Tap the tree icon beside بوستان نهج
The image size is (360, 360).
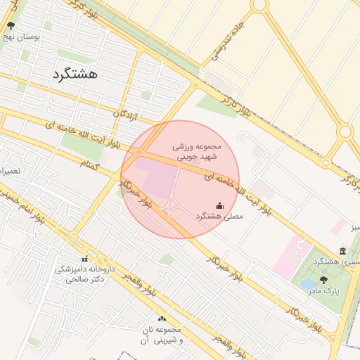pos(11,26)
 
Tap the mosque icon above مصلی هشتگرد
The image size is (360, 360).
pos(219,205)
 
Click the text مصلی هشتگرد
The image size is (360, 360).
pos(219,217)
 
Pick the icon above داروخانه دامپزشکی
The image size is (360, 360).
pos(85,259)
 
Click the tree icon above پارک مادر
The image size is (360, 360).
pos(323,279)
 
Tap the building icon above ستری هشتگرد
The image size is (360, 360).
pos(342,251)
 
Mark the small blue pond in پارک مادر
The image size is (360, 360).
pos(308,285)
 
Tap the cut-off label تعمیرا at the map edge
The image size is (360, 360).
pos(11,171)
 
